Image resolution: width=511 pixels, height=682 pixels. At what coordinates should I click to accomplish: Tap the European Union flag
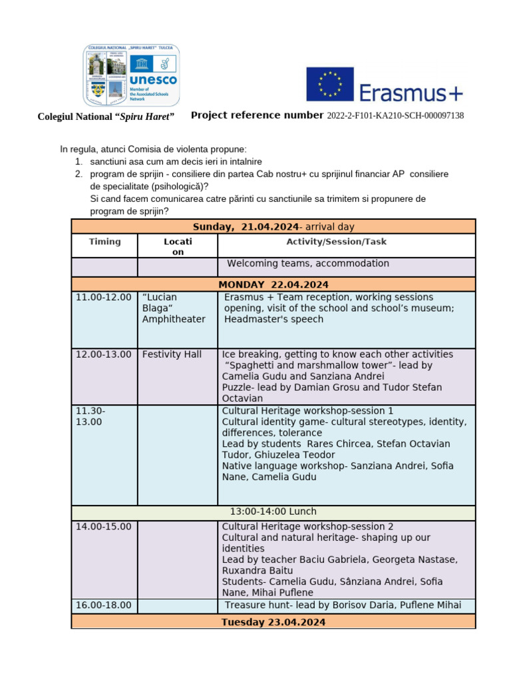click(329, 84)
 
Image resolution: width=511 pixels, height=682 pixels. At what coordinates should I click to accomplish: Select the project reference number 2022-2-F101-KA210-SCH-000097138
click(395, 116)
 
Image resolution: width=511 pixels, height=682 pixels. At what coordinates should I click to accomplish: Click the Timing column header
click(104, 242)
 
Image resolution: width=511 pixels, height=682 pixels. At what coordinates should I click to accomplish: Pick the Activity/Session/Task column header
click(346, 242)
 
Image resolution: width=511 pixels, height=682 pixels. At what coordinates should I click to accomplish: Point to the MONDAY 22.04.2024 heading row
click(273, 284)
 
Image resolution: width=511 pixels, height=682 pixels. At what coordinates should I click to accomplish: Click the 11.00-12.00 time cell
click(104, 297)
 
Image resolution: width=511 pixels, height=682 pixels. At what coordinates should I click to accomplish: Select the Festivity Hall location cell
click(172, 354)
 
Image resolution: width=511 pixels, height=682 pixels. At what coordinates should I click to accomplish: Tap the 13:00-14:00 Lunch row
click(273, 511)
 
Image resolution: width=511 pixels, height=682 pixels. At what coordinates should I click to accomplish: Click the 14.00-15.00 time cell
click(104, 526)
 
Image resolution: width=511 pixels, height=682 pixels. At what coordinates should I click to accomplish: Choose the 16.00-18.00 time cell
click(104, 605)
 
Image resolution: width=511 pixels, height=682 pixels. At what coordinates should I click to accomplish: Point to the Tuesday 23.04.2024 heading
click(273, 622)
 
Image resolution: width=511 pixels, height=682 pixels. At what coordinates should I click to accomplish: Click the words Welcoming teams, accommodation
click(308, 264)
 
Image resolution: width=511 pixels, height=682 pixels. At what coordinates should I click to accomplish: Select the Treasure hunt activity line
click(342, 605)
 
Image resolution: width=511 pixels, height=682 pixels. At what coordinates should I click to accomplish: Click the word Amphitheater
click(174, 319)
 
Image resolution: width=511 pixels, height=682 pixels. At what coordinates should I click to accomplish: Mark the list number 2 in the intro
click(79, 174)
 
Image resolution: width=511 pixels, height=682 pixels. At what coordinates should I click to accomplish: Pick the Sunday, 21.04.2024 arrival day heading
click(273, 227)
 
